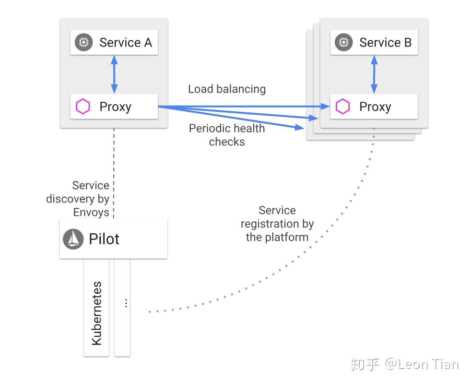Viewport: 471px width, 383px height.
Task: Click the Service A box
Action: (114, 42)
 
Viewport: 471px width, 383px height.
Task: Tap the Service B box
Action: (374, 42)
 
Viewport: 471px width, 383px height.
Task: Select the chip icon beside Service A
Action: (83, 42)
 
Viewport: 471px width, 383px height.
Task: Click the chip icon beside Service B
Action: (343, 42)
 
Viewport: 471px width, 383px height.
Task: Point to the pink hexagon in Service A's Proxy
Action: (82, 107)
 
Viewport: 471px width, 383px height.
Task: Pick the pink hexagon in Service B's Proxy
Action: (343, 107)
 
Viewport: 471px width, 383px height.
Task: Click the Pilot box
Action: (114, 239)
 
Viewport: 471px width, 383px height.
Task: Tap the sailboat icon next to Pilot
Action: (73, 239)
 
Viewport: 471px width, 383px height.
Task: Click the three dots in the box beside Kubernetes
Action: (126, 303)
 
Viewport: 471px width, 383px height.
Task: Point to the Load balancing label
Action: (227, 89)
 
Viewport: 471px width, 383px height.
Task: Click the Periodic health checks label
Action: (227, 135)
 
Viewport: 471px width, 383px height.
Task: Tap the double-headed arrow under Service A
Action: (114, 74)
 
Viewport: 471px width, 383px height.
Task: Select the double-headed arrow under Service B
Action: (374, 74)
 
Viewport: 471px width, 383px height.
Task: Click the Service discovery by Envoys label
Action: (78, 199)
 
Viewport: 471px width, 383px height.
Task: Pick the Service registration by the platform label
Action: (277, 224)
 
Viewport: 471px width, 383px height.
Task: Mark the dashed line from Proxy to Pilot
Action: (114, 173)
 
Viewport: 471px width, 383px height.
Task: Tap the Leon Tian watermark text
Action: (422, 364)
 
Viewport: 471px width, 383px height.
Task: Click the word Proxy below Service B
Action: (375, 107)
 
